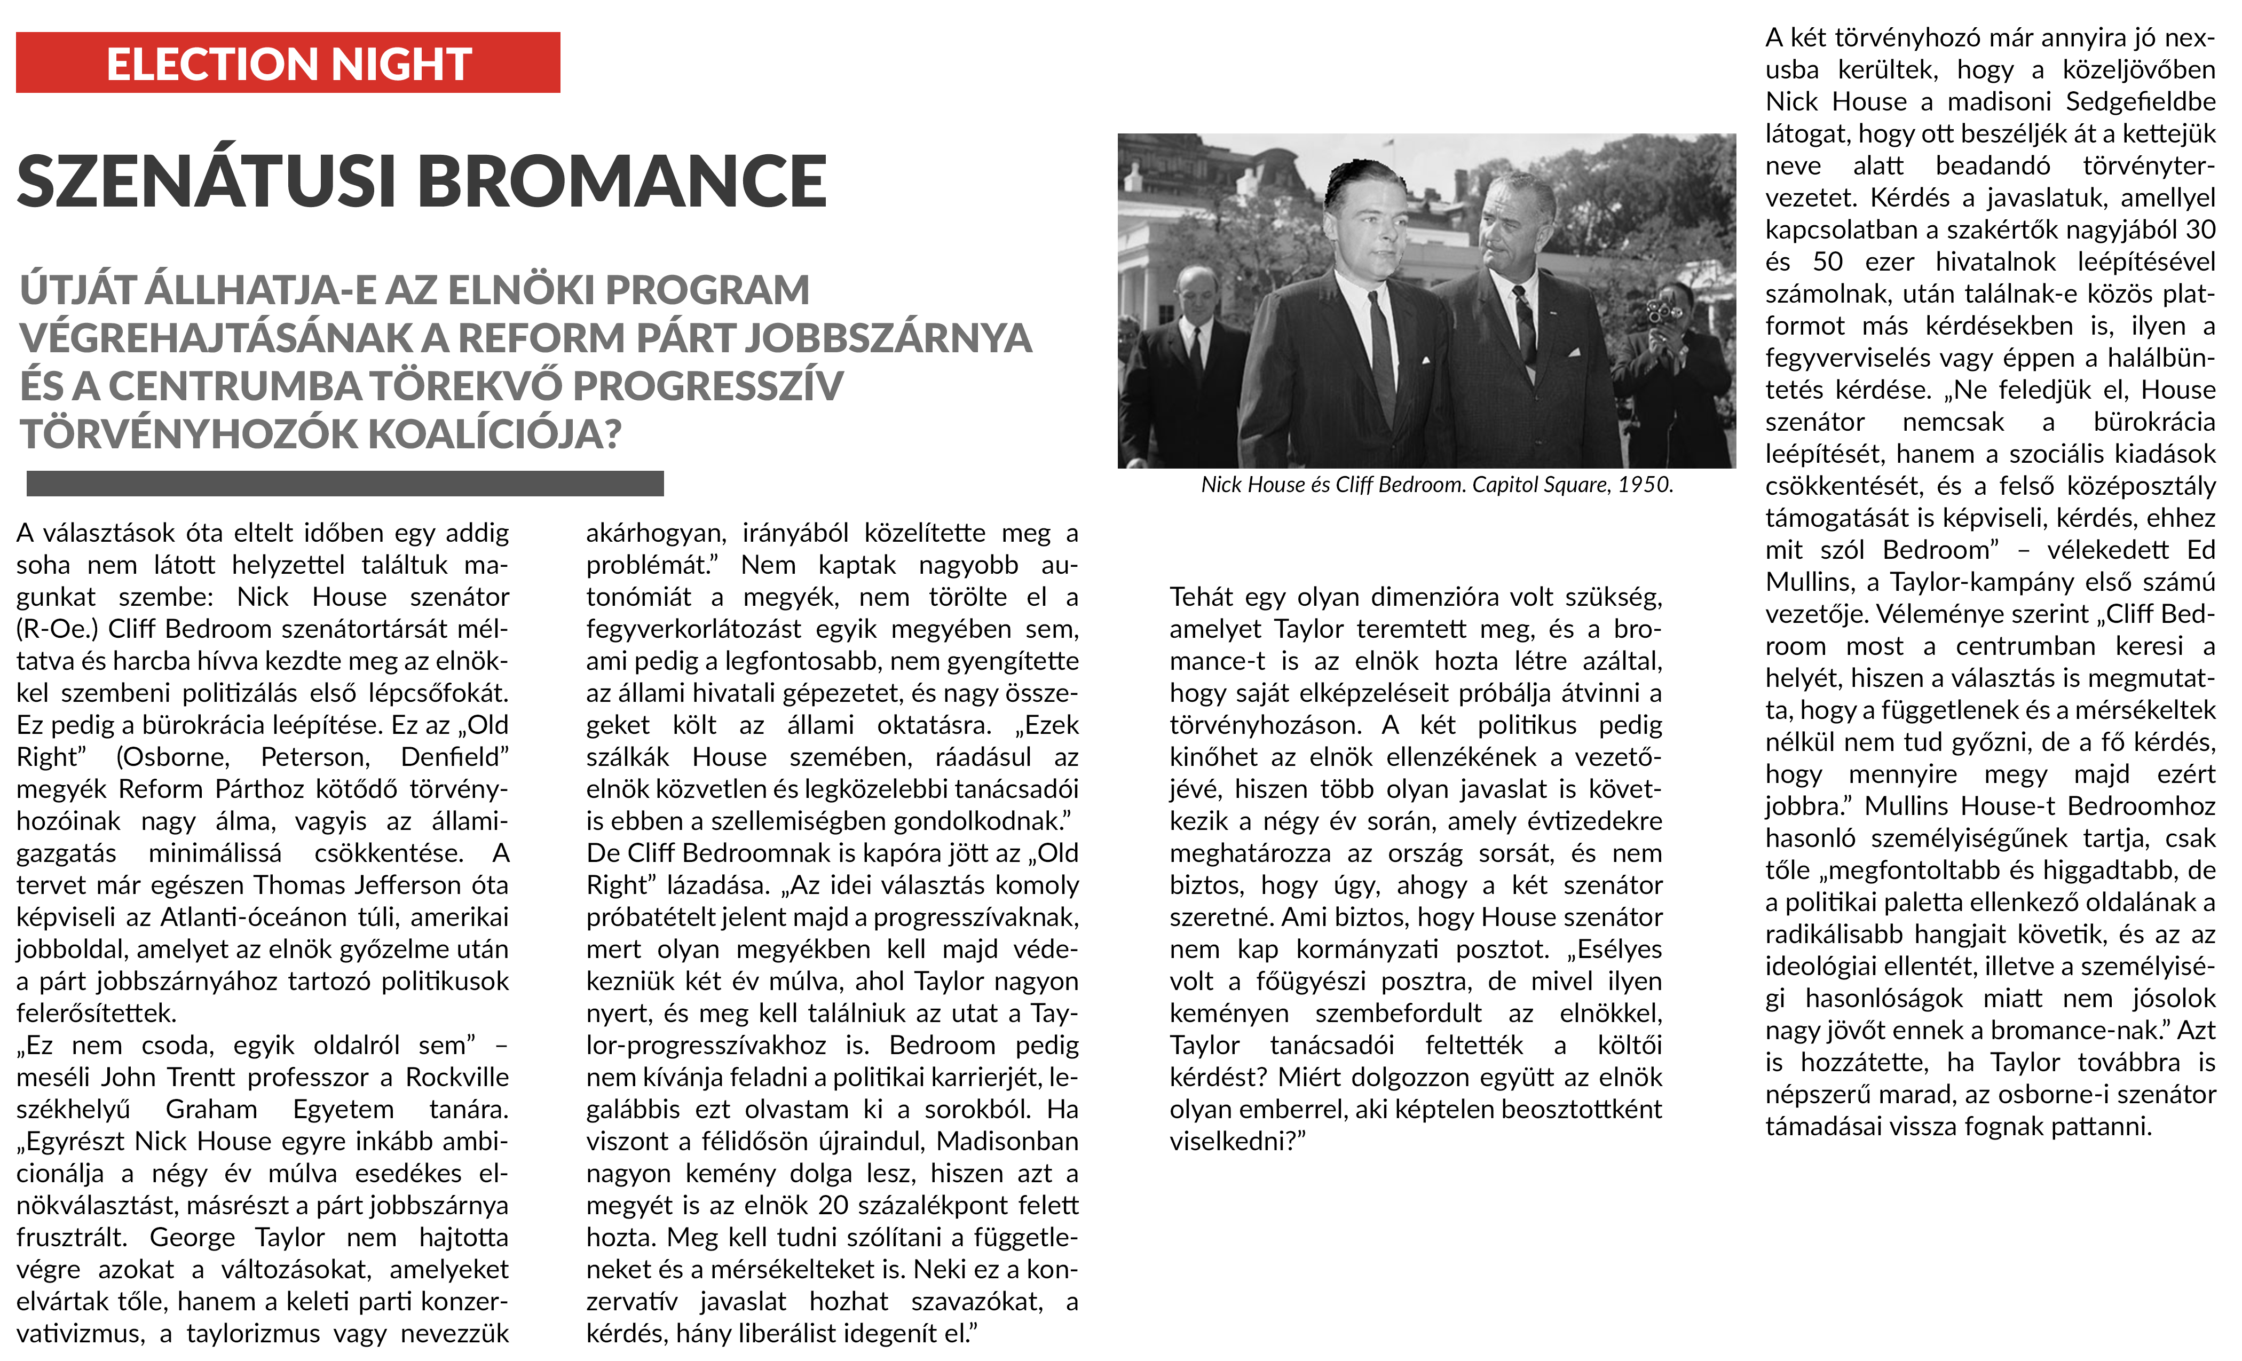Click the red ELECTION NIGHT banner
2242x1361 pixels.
coord(288,63)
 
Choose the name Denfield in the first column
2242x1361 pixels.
coord(454,757)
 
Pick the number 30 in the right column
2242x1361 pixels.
coord(2199,230)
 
